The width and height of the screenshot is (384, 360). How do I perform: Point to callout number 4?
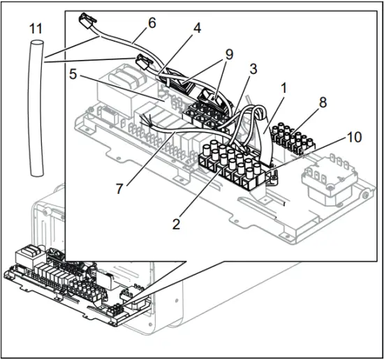[x=198, y=29]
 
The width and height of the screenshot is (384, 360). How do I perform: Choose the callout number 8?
[x=322, y=101]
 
